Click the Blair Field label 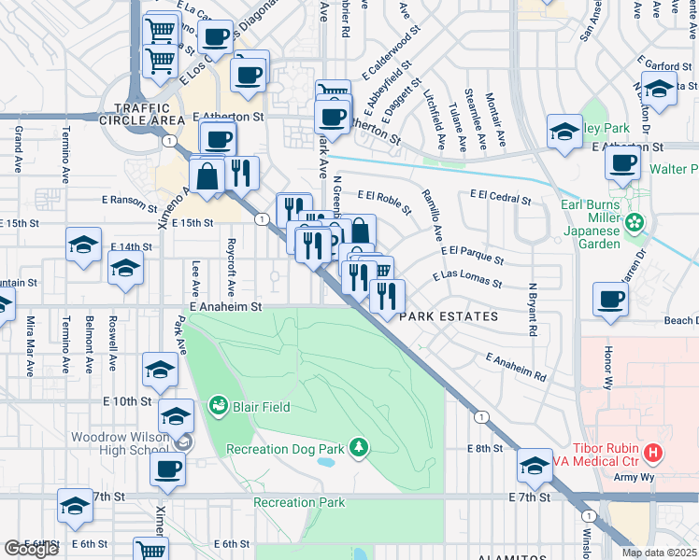click(262, 407)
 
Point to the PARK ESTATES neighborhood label click(449, 317)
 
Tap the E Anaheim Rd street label click(516, 368)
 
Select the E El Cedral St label click(500, 198)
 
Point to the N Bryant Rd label click(533, 310)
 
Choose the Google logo click(31, 549)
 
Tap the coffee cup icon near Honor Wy click(611, 300)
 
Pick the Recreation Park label click(299, 503)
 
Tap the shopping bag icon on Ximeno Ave click(206, 175)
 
